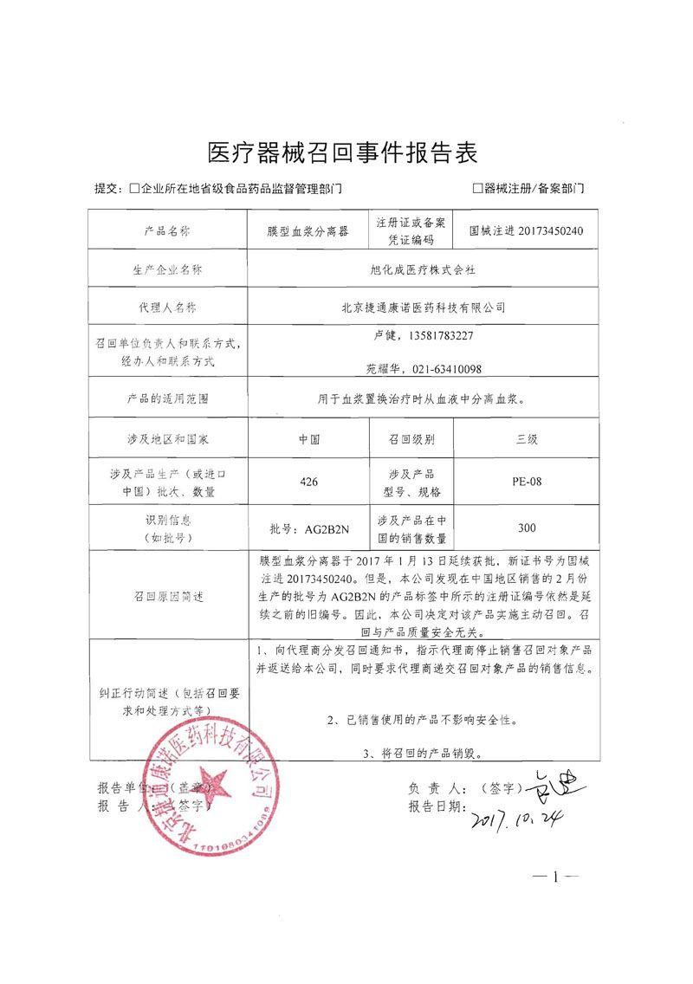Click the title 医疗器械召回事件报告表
(x=344, y=153)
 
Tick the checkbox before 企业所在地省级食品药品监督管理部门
(x=134, y=188)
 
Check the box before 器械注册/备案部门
(x=477, y=188)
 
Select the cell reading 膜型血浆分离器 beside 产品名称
(x=308, y=232)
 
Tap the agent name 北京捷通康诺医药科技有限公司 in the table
(x=424, y=307)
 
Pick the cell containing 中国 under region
(x=308, y=439)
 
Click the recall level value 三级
(x=527, y=439)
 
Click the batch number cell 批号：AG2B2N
(x=309, y=528)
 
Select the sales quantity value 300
(x=527, y=528)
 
